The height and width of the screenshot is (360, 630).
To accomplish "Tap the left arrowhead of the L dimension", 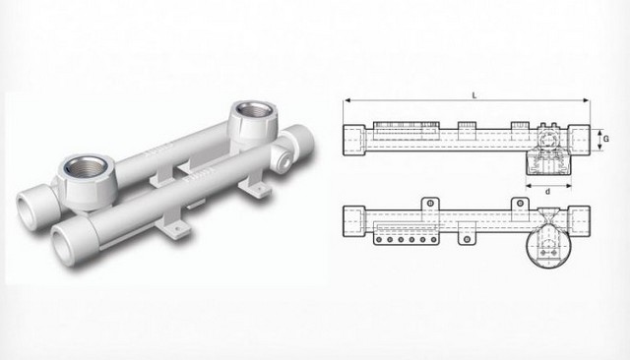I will (x=346, y=101).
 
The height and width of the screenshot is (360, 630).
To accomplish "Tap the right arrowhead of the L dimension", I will (x=588, y=101).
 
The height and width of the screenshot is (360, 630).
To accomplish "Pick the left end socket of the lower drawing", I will (x=352, y=215).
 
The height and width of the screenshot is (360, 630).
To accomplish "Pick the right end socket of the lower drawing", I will (x=581, y=215).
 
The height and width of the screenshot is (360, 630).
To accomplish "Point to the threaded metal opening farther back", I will (x=252, y=115).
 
